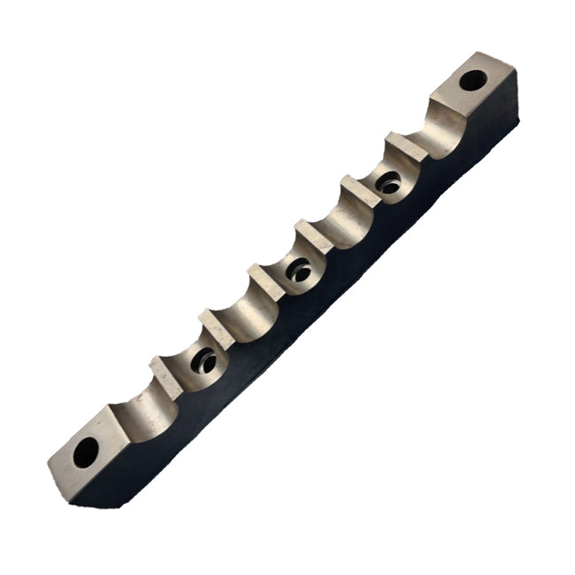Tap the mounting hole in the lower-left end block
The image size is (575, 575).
pos(85,452)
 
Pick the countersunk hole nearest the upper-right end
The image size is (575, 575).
pos(388,183)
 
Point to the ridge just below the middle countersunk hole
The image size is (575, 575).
pos(265,276)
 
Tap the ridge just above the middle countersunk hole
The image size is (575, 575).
pos(313,232)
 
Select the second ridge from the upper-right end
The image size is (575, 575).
pos(359,188)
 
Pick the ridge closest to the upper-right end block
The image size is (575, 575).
pos(403,143)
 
